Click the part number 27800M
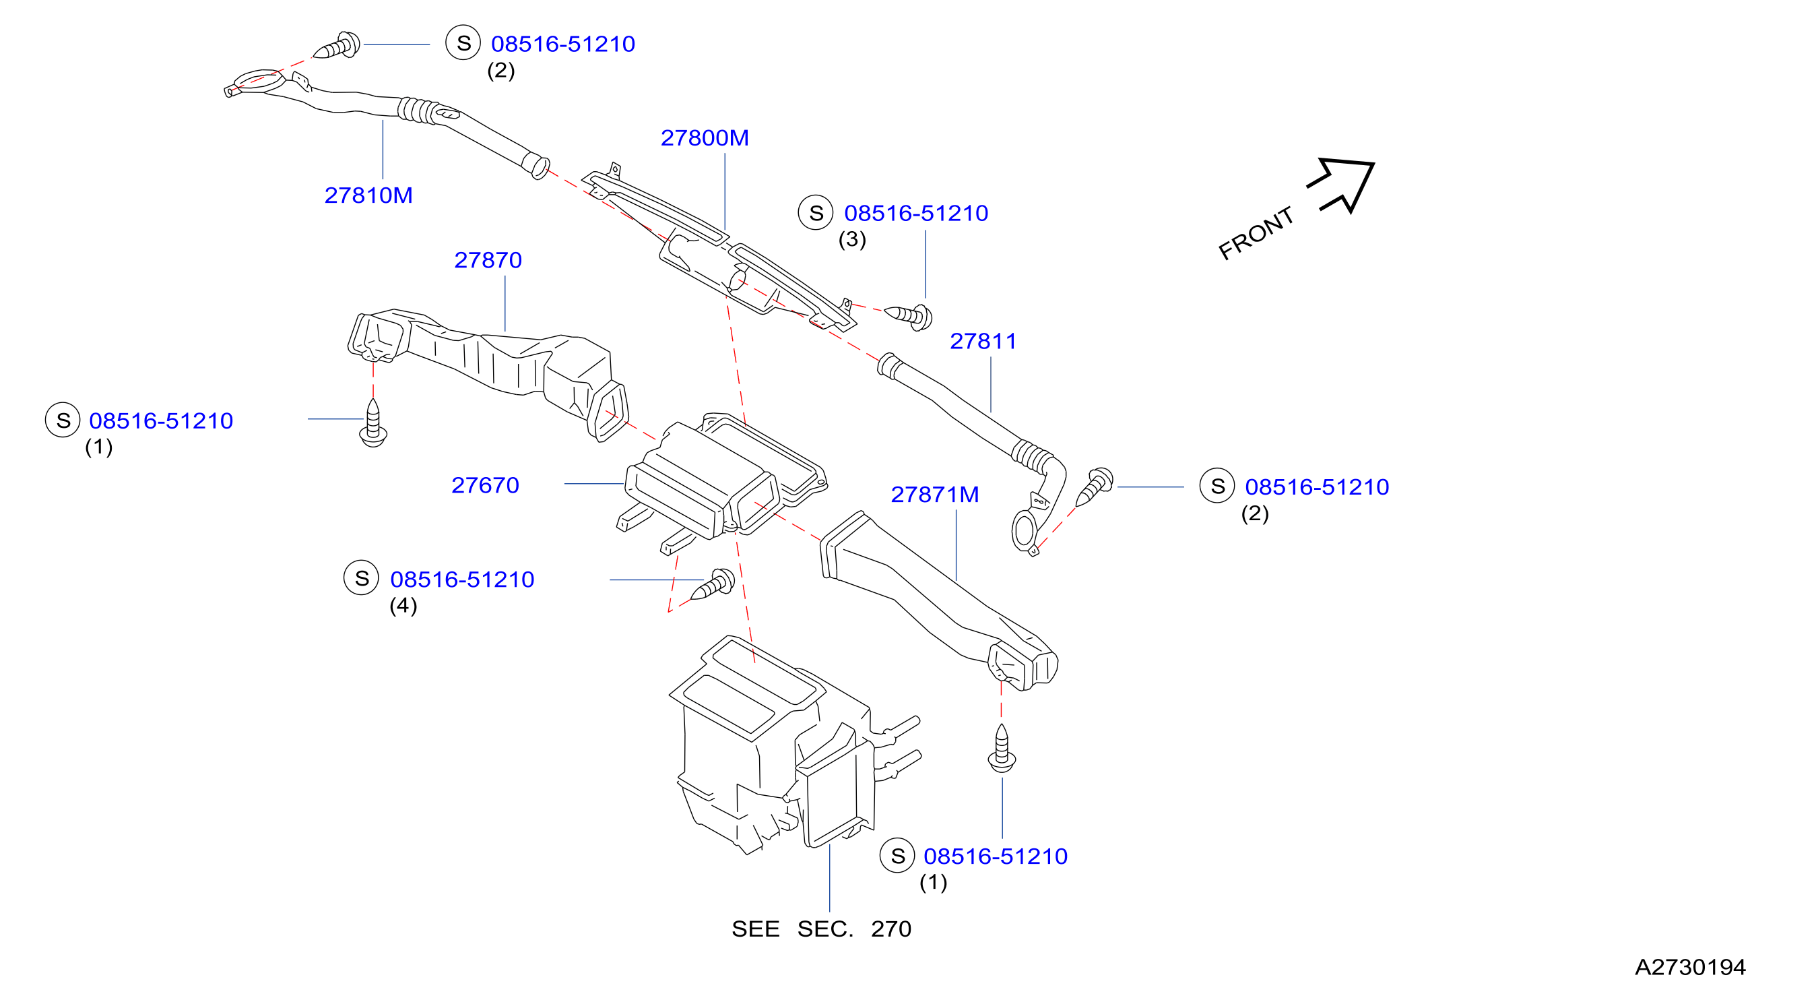point(705,137)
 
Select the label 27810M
point(368,195)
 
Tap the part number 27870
point(488,260)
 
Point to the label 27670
point(485,485)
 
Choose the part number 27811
point(983,342)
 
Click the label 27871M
point(935,495)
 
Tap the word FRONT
point(1256,232)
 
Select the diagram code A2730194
point(1690,967)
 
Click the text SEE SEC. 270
point(821,929)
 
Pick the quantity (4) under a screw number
point(403,606)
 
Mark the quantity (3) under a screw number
point(851,240)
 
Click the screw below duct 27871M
point(1002,749)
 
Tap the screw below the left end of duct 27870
point(373,423)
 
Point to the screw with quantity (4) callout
point(713,585)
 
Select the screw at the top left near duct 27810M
point(337,46)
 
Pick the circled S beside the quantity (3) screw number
point(816,213)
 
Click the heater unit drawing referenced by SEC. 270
point(793,747)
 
